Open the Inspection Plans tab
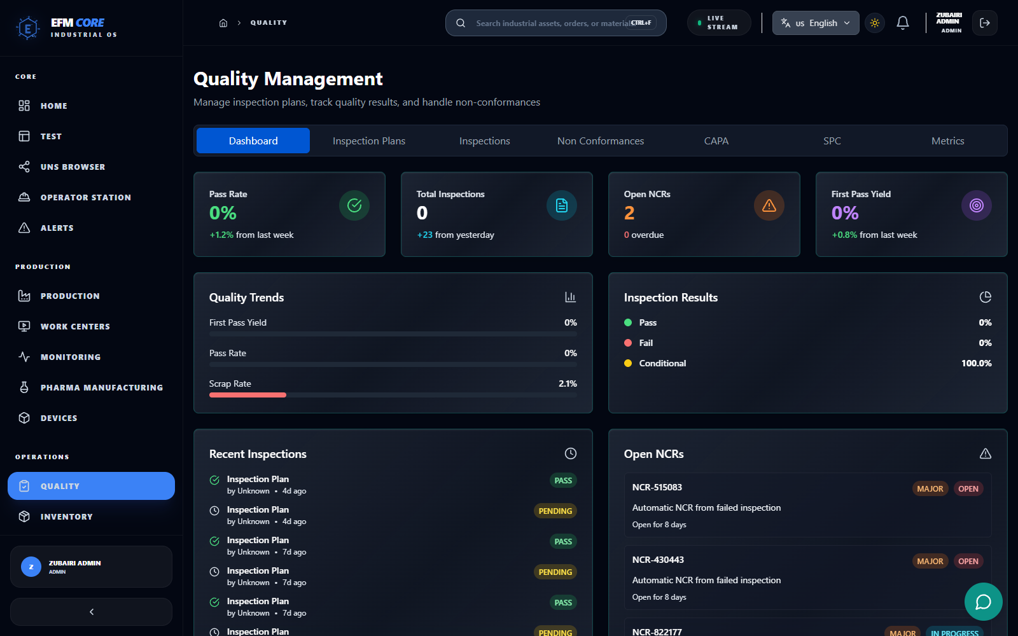368,141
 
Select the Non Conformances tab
600,141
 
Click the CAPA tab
716,141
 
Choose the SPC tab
832,141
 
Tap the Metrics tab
947,141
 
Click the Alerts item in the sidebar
57,228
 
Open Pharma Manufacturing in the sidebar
101,387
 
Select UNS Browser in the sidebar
73,167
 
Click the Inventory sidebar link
66,516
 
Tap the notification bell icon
902,23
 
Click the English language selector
815,23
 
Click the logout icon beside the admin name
984,23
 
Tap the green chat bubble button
983,601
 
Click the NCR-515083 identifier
657,487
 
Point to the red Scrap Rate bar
248,395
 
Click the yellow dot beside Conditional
628,363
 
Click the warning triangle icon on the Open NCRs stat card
769,205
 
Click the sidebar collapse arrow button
91,611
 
